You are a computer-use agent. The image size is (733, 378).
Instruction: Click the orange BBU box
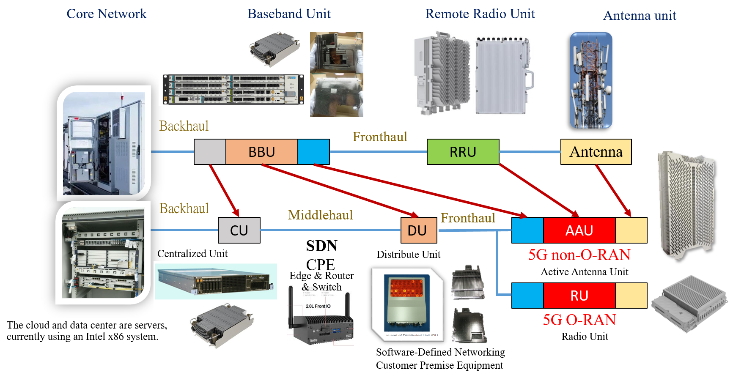pos(261,152)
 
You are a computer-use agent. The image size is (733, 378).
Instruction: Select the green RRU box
pos(463,152)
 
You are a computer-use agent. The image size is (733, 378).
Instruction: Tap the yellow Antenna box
pos(596,152)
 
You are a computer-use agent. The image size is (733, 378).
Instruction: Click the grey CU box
pos(239,230)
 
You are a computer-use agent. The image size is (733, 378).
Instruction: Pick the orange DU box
pos(418,230)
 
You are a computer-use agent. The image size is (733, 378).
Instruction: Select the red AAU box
pos(579,230)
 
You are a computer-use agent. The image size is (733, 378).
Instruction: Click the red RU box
pos(579,296)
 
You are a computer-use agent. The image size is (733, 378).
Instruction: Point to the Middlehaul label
pos(320,215)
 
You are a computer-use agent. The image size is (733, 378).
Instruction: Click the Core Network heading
pos(107,14)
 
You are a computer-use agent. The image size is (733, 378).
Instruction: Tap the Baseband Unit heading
pos(289,14)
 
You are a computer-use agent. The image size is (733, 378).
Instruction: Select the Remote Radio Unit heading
pos(480,14)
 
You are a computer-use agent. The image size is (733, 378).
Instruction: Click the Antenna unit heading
pos(640,16)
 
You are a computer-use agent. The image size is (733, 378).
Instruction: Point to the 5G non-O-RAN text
pos(579,255)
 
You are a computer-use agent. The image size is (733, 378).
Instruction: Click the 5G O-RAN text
pos(579,320)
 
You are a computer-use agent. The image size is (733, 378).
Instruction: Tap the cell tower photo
pos(591,80)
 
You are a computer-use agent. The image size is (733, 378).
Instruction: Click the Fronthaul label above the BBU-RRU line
pos(380,137)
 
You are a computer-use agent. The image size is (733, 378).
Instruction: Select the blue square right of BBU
pos(313,152)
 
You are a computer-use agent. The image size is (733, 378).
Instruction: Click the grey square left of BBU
pos(210,152)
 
